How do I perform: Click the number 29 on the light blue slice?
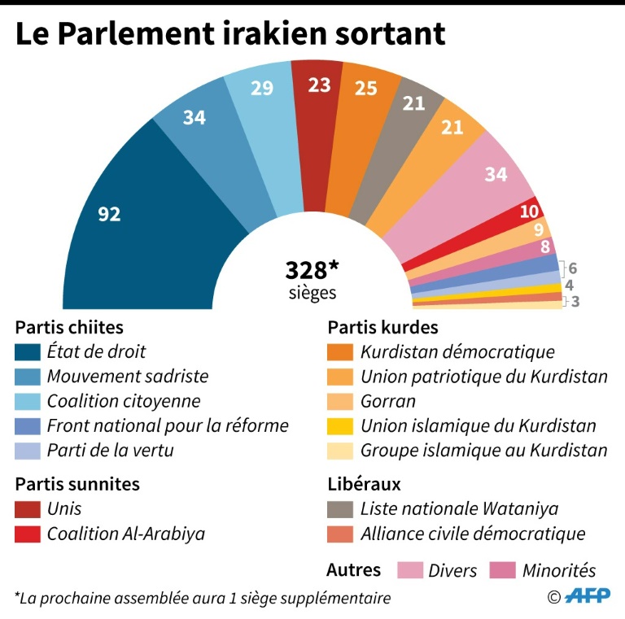[x=261, y=88]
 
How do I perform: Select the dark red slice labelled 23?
[x=319, y=84]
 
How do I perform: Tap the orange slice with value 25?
[x=365, y=88]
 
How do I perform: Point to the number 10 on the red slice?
[x=529, y=211]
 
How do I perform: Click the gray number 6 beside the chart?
[x=573, y=268]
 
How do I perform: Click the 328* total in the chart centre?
[x=311, y=270]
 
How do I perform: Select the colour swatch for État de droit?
[x=27, y=352]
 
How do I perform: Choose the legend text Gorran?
[x=388, y=401]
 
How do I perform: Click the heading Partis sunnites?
[x=77, y=484]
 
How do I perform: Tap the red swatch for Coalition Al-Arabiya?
[x=27, y=534]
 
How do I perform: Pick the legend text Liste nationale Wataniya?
[x=459, y=509]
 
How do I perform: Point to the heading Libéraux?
[x=364, y=484]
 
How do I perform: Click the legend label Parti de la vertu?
[x=110, y=451]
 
